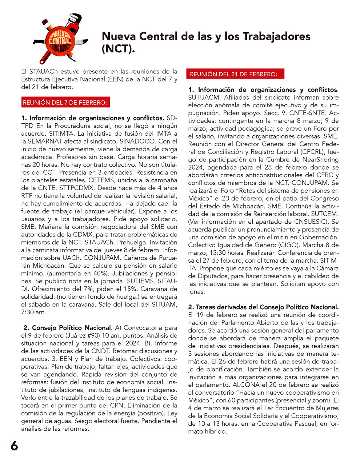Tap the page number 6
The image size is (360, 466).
[14, 446]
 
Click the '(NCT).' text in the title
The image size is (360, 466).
[118, 49]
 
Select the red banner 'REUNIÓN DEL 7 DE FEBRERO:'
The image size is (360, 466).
[65, 103]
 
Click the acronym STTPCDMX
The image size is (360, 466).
[116, 188]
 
